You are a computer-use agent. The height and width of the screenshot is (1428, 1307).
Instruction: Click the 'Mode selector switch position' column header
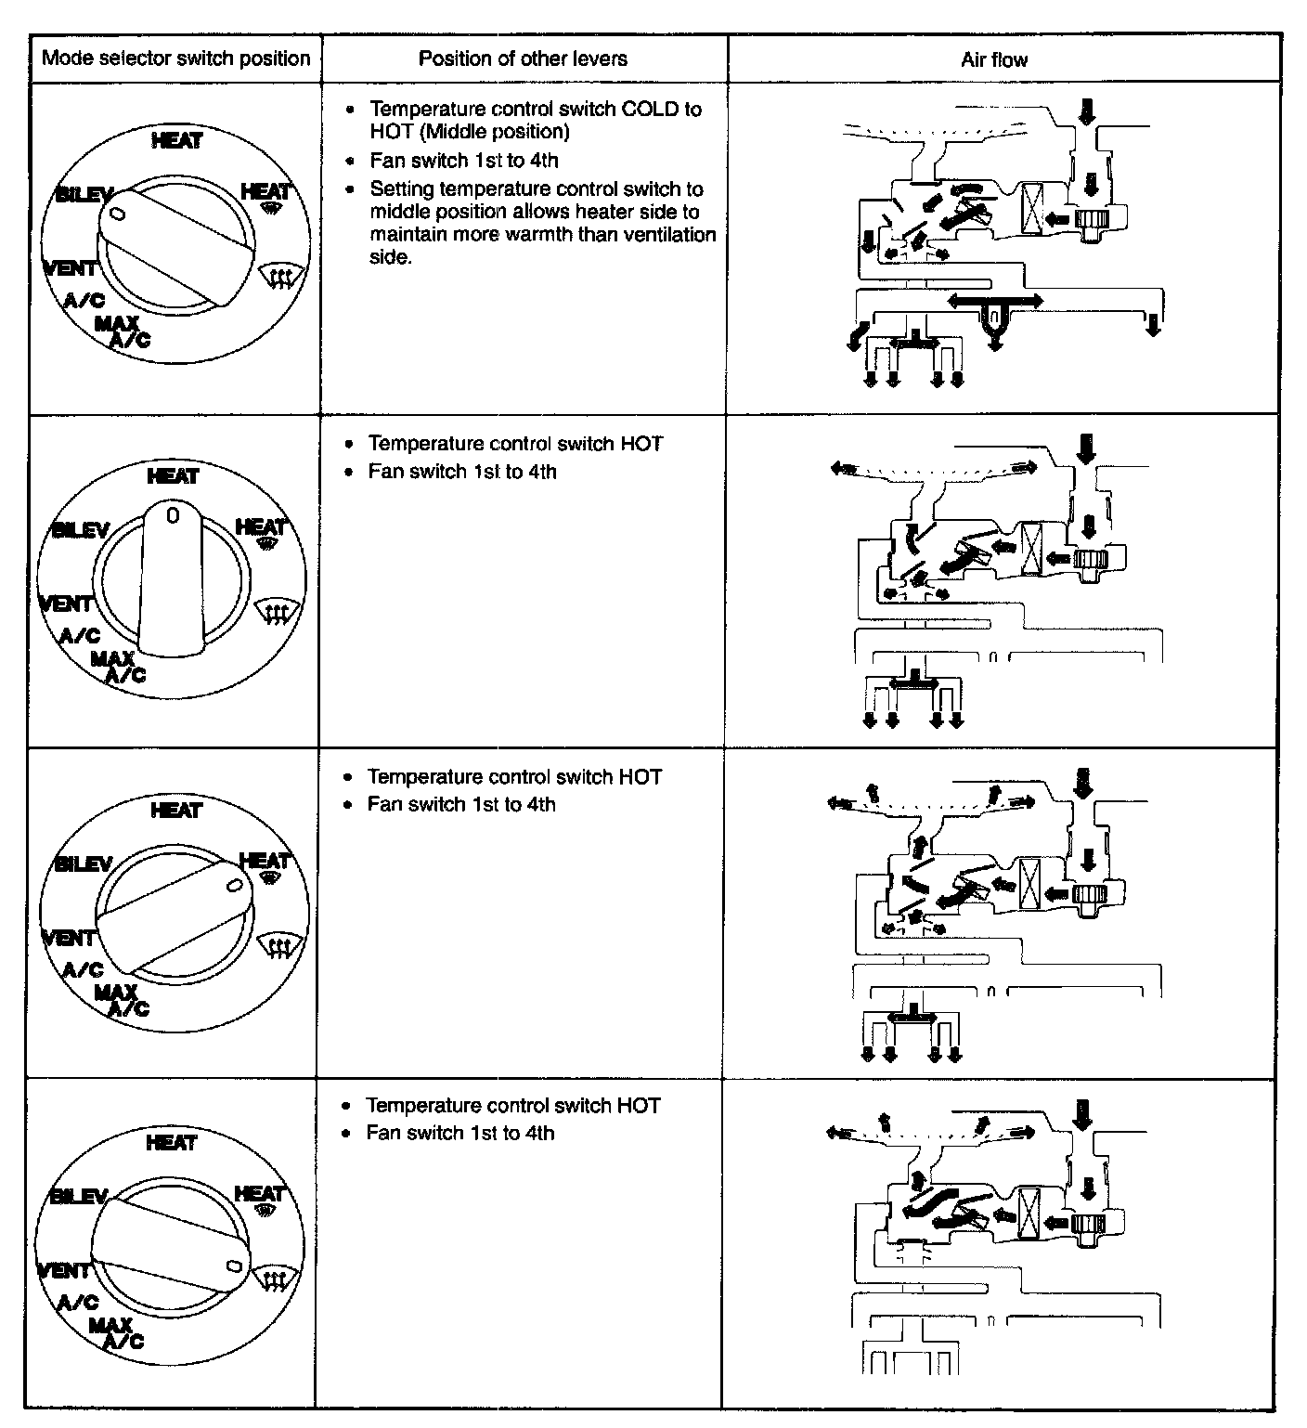pos(176,58)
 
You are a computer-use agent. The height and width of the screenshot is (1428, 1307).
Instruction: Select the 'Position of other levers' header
pos(523,58)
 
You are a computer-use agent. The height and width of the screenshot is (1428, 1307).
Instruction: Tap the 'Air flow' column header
pos(994,60)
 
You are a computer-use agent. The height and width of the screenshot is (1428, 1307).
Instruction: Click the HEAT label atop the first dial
pos(176,140)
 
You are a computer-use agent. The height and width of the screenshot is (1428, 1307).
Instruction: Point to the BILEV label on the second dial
pos(81,530)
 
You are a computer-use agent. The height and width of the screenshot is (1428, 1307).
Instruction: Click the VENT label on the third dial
pos(69,938)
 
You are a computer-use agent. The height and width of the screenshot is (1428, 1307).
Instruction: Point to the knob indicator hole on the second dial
pos(172,513)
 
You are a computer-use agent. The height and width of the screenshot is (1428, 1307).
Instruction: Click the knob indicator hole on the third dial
pos(233,886)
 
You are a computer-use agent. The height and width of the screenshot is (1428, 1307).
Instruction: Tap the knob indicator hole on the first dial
pos(117,214)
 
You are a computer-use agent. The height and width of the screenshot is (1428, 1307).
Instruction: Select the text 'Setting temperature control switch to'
pos(537,189)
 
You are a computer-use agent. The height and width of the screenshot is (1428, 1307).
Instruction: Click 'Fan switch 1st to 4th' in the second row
pos(462,472)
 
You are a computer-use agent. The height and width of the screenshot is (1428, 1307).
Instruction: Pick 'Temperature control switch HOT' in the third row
pos(514,776)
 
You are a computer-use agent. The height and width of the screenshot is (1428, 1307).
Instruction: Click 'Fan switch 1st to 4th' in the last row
pos(460,1133)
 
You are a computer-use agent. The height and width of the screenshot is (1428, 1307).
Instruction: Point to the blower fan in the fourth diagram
pos(1086,1223)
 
